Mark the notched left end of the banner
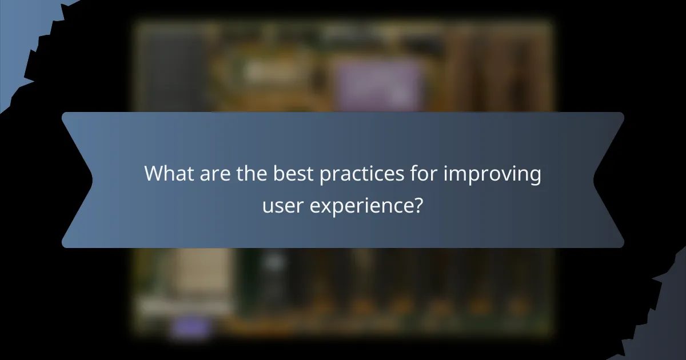click(x=77, y=180)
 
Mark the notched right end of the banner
click(x=609, y=180)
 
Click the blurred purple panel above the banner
click(x=377, y=86)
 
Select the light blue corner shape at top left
click(x=17, y=34)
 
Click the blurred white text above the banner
click(x=266, y=71)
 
